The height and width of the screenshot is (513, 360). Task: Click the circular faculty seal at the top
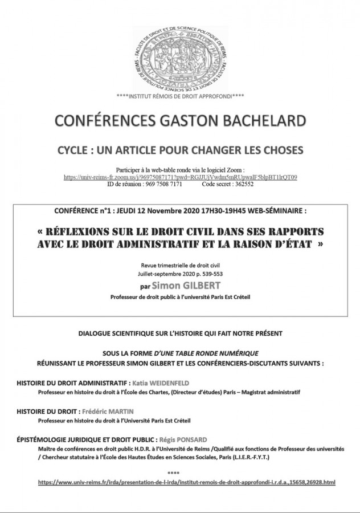click(180, 58)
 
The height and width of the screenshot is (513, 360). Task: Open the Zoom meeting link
click(180, 177)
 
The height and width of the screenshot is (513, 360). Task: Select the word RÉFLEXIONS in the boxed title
click(85, 233)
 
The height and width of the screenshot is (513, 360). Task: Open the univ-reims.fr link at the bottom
click(187, 482)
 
